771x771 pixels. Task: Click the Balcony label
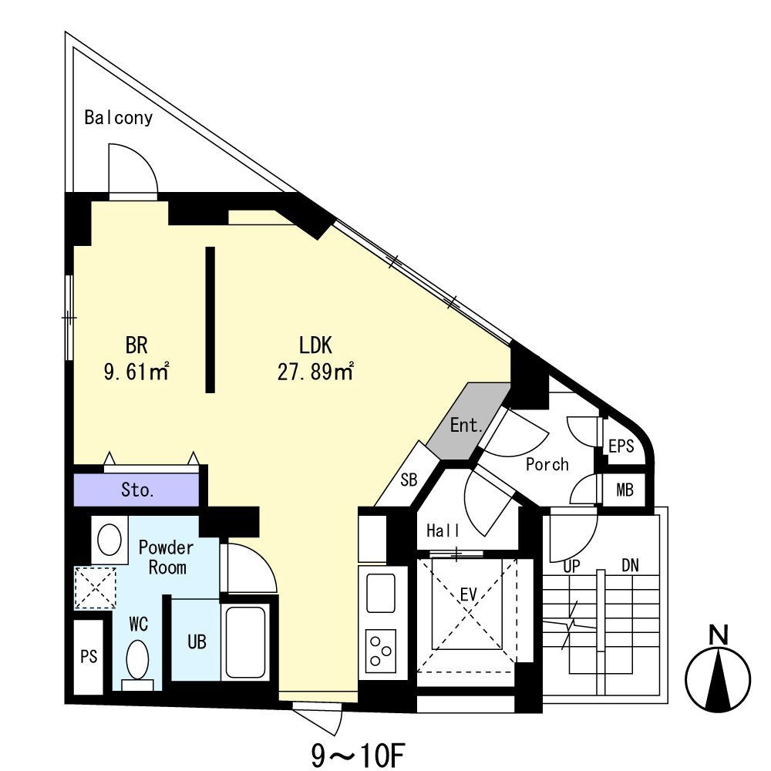[118, 118]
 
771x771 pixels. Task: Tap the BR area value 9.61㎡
[136, 373]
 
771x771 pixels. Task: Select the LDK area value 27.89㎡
[315, 373]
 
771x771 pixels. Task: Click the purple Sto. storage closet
[136, 490]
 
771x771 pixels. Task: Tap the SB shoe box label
[409, 480]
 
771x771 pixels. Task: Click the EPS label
[621, 446]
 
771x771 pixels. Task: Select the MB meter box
[624, 490]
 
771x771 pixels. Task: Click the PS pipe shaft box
[89, 657]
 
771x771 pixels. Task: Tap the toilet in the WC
[137, 661]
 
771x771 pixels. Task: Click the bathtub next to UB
[244, 641]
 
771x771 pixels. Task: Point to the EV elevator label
[468, 595]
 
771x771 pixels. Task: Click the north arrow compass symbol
[719, 677]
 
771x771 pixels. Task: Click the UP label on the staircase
[571, 567]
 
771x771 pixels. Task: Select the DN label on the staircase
[630, 567]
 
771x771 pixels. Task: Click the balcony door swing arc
[133, 170]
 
